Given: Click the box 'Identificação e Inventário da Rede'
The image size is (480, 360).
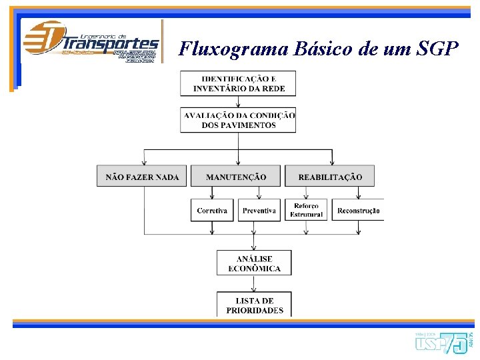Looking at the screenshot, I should (x=238, y=83).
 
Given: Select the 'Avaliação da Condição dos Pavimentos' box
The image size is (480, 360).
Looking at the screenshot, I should (x=238, y=120).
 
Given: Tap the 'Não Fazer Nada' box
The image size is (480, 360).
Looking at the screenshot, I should (x=142, y=176).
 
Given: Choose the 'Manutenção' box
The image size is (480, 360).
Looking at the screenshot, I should (x=236, y=176).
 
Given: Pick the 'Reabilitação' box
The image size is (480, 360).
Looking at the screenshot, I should (x=330, y=176).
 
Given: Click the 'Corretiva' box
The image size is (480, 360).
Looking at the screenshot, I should (x=212, y=210).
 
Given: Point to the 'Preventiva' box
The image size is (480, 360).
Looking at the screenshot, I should (x=259, y=210).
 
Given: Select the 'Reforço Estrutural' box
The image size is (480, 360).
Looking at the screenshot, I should (x=306, y=210).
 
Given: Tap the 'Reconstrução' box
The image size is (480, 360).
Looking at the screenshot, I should (x=358, y=210).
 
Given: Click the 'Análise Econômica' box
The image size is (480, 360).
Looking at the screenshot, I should (x=254, y=263).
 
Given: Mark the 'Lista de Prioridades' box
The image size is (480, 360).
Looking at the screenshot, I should (x=254, y=305).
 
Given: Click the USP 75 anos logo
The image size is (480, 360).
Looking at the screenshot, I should (x=443, y=342).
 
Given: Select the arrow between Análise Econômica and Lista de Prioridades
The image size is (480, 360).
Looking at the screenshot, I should (x=254, y=283).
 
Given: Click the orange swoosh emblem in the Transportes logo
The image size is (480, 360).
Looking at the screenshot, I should (x=44, y=38).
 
